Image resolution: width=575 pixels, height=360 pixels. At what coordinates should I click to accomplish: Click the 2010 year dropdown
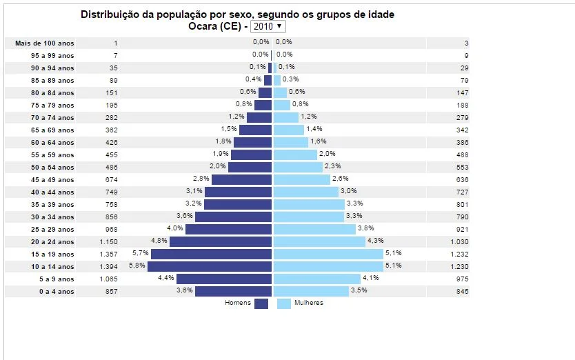268,26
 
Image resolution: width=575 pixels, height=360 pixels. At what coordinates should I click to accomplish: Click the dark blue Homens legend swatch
261,303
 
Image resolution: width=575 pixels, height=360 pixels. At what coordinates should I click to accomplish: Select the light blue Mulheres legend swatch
283,303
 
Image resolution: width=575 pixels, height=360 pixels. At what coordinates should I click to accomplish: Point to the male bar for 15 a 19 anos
211,254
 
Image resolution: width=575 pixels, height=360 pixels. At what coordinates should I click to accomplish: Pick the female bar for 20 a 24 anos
319,242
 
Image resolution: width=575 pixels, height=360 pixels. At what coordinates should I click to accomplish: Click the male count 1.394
108,267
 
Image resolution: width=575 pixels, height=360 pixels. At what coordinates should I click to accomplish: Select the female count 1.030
459,242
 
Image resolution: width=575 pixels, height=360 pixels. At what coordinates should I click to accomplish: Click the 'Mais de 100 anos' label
44,43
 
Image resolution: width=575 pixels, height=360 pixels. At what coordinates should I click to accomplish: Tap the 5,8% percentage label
137,266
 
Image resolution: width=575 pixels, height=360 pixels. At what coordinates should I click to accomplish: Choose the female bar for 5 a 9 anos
317,279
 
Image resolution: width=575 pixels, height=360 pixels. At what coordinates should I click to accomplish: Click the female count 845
462,292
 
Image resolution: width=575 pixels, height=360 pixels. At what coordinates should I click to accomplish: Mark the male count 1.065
108,279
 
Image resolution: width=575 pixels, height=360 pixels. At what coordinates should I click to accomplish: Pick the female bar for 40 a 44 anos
306,192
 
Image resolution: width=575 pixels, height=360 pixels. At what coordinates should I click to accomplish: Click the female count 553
462,168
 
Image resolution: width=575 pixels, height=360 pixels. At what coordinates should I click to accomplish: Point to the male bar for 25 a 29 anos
228,230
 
